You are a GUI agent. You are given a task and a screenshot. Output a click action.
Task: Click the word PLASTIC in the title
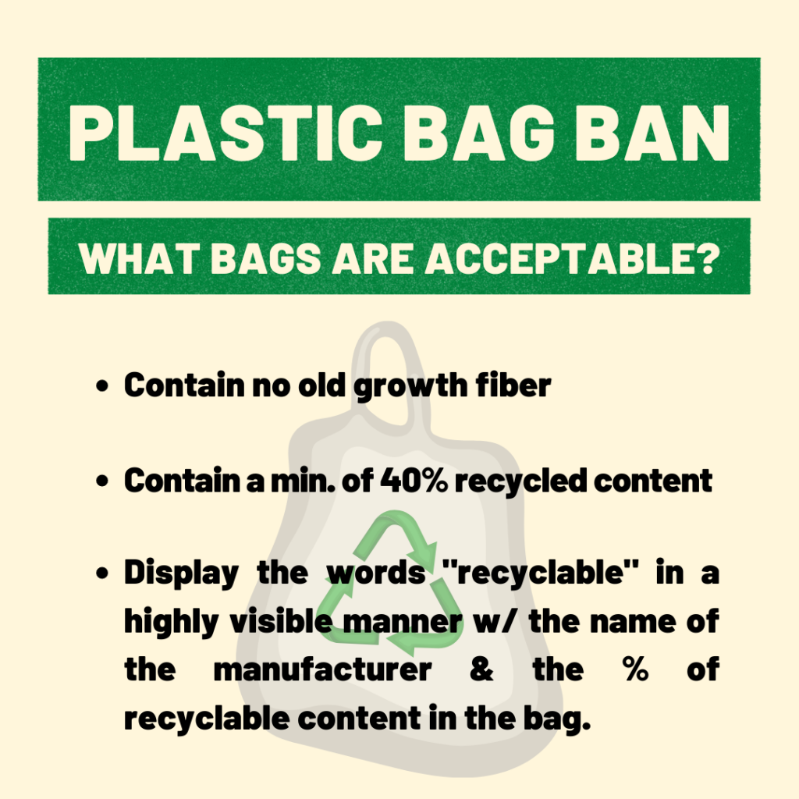tap(225, 133)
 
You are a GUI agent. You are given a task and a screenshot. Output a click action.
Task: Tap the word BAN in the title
tap(653, 133)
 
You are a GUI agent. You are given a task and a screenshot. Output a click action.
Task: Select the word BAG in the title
tap(478, 133)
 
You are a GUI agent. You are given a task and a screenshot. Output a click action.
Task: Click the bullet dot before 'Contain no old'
tap(102, 385)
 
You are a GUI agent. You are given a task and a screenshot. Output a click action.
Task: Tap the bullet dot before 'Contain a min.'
tap(102, 481)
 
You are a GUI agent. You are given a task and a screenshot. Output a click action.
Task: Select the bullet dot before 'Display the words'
tap(102, 573)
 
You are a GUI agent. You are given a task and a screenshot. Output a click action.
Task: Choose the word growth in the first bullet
tap(410, 387)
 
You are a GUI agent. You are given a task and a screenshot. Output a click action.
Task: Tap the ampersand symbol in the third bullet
tap(481, 669)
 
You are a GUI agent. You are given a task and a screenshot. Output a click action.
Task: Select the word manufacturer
tap(322, 669)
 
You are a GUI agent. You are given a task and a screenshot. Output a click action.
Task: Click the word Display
tap(181, 573)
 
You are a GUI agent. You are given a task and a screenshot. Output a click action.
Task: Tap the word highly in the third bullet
tap(171, 622)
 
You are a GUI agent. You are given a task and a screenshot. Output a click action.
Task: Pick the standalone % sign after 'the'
tap(635, 669)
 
